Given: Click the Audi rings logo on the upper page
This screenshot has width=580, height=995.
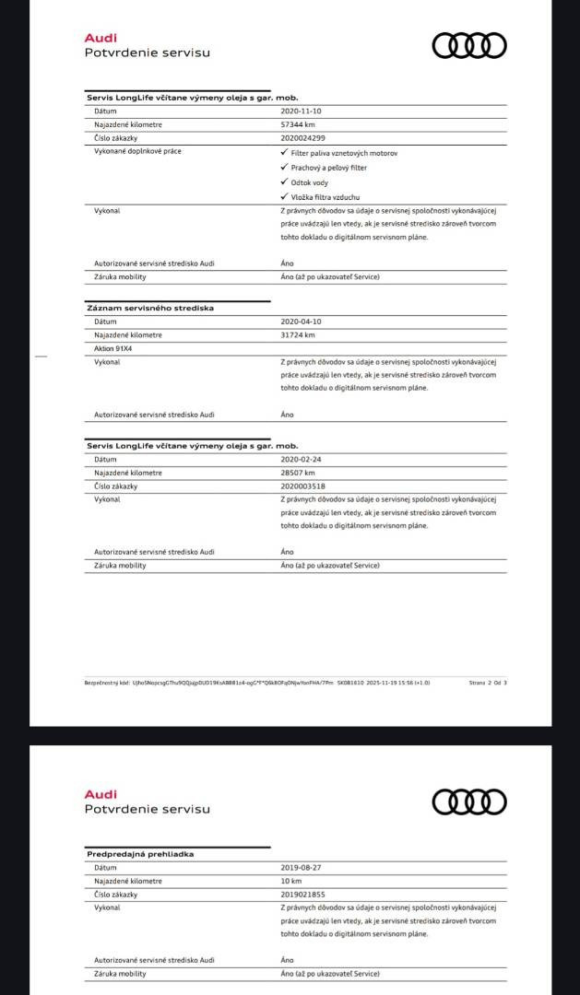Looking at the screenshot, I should (x=469, y=45).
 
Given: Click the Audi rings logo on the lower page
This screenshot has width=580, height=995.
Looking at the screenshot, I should (x=469, y=802).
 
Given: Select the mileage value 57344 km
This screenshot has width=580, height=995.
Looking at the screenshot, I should (x=298, y=123).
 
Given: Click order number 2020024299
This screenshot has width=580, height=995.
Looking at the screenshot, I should (x=303, y=137).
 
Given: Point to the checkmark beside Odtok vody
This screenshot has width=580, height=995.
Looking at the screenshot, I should (x=284, y=182).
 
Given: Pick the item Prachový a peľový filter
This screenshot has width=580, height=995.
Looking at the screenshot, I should (x=328, y=168).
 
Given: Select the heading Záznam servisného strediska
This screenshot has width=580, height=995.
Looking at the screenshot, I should (x=136, y=308).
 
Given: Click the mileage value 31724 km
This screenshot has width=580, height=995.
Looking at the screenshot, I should (x=298, y=334).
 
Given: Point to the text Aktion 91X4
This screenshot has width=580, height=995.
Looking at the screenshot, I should (x=113, y=349).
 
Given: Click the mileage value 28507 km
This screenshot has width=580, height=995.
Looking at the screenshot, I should (x=298, y=473).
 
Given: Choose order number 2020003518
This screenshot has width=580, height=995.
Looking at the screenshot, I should (x=303, y=486).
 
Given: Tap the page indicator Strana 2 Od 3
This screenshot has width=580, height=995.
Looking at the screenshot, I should (x=488, y=683).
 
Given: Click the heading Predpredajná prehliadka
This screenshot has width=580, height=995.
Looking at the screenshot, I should (x=140, y=854).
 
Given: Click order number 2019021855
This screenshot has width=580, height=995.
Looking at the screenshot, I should (x=303, y=895).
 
